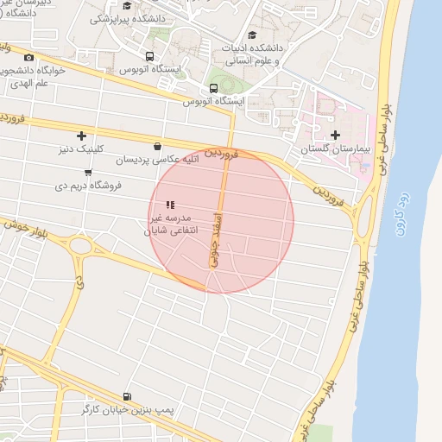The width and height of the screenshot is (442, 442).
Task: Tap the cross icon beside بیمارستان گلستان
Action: tap(336, 135)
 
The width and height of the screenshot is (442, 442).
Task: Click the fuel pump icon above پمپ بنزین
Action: tap(129, 395)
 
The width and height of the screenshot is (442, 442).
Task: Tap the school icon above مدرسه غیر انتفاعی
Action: tap(170, 205)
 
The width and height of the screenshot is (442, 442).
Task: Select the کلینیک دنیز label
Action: tap(78, 148)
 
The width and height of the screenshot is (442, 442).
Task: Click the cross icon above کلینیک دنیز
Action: tap(82, 136)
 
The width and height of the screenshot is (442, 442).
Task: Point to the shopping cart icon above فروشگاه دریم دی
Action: tap(88, 173)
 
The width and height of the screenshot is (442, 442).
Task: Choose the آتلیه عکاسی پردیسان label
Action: tap(158, 159)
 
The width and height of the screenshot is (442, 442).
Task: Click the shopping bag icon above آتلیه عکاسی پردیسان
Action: tap(156, 146)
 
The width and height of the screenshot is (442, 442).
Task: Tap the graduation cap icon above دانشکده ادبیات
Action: tap(252, 35)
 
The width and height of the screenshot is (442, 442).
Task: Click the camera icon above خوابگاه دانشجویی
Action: tap(28, 58)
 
